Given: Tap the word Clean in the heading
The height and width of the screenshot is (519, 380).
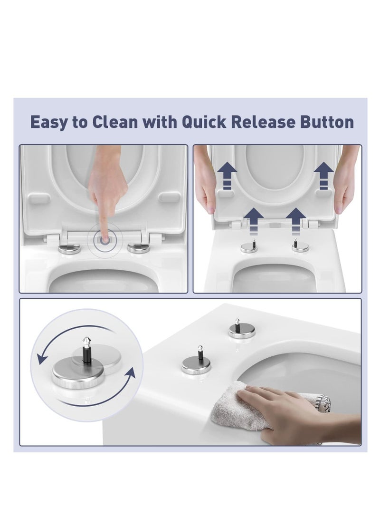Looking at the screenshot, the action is click(114, 122).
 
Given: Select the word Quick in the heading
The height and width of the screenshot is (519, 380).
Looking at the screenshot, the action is click(204, 122).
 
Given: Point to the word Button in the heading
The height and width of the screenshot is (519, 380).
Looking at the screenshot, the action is click(327, 122).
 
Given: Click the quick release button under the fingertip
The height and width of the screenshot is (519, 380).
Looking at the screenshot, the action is click(105, 240).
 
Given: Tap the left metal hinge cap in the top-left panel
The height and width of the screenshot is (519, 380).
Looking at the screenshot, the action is click(69, 248).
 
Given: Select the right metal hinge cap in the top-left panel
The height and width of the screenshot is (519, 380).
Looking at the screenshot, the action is click(139, 248).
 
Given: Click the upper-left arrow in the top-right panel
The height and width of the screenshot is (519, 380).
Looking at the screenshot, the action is click(227, 176).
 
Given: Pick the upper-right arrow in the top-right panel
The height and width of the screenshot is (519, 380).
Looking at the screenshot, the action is click(324, 176).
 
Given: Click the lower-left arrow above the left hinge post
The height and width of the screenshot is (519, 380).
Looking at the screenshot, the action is click(254, 221).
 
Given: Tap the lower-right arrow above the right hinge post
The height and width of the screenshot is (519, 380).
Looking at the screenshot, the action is click(296, 221).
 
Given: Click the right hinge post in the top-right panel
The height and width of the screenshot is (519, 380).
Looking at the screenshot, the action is click(300, 246).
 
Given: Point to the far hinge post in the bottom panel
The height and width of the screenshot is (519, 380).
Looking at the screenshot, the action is click(242, 329).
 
